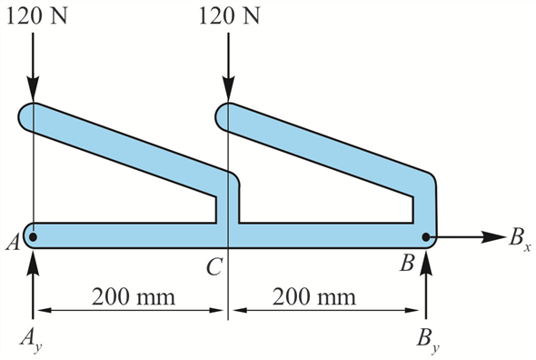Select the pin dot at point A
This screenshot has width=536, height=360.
(x=33, y=237)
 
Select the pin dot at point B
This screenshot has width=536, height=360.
(x=426, y=237)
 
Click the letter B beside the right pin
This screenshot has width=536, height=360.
(x=408, y=265)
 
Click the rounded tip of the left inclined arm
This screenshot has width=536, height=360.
(x=29, y=115)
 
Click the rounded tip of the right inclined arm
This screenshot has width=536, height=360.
(x=226, y=115)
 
